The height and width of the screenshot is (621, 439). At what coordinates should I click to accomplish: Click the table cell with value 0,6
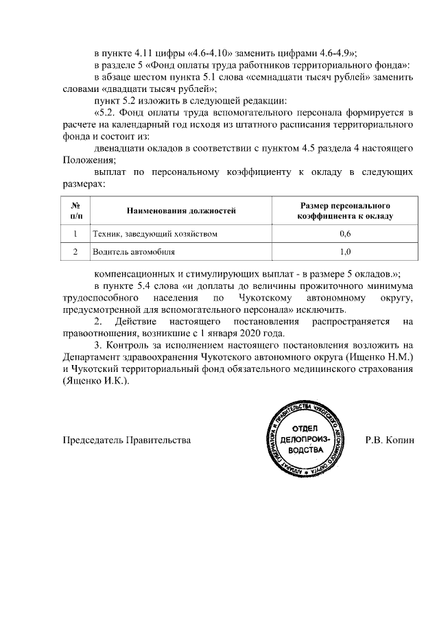click(x=345, y=234)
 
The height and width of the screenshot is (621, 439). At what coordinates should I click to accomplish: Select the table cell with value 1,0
click(x=345, y=252)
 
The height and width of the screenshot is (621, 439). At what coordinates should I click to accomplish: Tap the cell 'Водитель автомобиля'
click(x=129, y=252)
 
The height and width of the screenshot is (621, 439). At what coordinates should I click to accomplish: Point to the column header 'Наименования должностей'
click(x=180, y=211)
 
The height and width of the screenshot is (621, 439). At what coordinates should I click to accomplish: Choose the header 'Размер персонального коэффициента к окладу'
click(x=345, y=211)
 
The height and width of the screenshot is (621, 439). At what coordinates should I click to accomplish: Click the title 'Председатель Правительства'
click(x=127, y=439)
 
